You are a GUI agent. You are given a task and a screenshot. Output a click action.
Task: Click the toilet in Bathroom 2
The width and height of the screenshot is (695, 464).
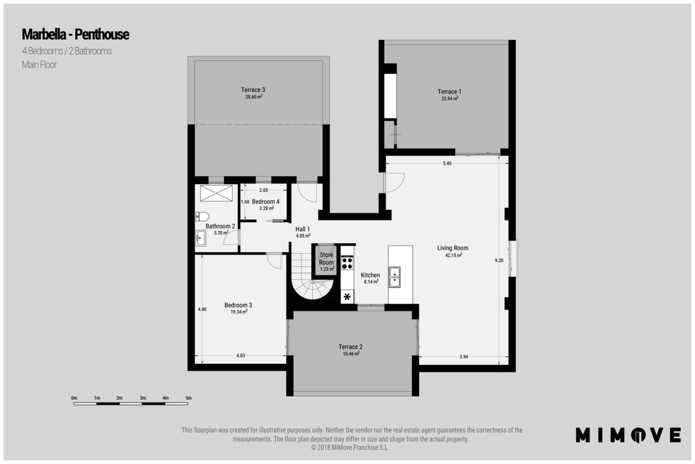coord(202,216)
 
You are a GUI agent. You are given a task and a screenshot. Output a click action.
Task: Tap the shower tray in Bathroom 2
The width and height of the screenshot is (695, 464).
coord(216,193)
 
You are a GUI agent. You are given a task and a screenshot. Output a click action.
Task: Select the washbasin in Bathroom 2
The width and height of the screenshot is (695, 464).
coord(201,238)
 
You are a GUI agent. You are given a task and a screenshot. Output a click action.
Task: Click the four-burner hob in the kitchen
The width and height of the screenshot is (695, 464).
coord(347,262)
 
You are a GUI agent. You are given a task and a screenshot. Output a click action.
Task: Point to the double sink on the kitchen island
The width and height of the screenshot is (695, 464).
coord(394,277)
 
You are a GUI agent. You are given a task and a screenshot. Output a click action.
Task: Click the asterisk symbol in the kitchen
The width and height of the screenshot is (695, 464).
coord(347,297)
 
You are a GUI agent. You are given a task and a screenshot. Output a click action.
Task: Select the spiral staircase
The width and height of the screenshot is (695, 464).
coord(311,277)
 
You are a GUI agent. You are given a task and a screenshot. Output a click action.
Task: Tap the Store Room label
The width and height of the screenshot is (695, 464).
coord(327,259)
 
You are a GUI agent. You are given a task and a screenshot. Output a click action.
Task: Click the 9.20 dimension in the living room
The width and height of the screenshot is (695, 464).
coord(499,260)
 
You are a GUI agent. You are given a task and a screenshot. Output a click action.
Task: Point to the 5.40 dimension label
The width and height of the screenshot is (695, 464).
coord(447,164)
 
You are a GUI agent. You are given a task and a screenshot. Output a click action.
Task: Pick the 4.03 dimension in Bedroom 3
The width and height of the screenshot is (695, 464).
coord(241,356)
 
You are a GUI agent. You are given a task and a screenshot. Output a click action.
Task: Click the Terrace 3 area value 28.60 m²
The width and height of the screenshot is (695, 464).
coord(254,97)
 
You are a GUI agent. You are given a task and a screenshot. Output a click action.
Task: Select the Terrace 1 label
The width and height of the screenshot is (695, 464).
coord(449,92)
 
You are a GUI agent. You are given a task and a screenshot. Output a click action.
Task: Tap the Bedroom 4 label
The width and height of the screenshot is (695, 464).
coord(266,201)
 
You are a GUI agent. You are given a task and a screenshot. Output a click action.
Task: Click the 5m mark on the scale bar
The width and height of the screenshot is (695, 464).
coord(189,398)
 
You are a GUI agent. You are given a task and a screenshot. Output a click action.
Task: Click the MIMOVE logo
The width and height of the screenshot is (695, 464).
coord(628,434)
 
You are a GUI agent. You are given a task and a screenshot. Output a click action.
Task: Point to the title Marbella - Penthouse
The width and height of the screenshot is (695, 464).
coord(75,34)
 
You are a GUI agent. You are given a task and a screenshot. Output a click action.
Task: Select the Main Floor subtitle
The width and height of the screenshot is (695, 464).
coord(39,64)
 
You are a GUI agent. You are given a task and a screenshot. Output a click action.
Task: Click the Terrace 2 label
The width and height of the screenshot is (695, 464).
coord(350,346)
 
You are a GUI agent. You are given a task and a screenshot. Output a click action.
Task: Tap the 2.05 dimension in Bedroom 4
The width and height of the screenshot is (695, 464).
coord(264,190)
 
